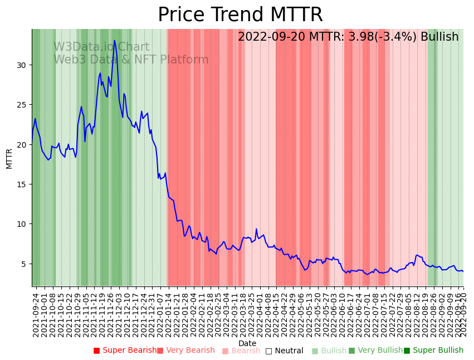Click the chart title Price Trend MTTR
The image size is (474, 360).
click(x=240, y=15)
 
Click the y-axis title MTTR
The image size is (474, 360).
click(x=9, y=158)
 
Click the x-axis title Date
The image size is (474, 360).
click(x=247, y=343)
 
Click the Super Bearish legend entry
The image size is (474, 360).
click(x=125, y=351)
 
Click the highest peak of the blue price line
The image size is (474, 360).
click(x=115, y=40)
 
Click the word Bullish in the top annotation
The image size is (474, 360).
click(x=439, y=37)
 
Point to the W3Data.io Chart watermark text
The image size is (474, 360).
click(x=101, y=47)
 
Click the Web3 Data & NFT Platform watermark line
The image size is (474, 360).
click(x=131, y=60)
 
